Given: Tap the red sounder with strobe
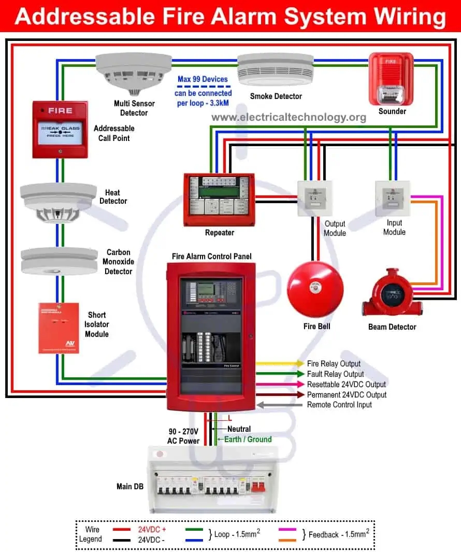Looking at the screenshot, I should coord(391,79).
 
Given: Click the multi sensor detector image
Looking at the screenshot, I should coord(133,73).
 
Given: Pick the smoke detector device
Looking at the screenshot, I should coord(275,70).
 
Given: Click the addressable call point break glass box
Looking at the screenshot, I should coord(60,129).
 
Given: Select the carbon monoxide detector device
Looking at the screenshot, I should coord(59,260).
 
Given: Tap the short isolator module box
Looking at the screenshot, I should coord(59,328).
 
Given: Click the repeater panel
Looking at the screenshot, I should coord(219,199).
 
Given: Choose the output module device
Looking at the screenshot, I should coord(314,198).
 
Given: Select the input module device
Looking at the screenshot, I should coord(392,198).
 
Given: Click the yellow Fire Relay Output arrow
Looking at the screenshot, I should coord(280,364).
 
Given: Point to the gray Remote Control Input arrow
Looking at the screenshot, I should coord(280,405).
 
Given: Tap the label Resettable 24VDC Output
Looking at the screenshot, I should coord(346,385).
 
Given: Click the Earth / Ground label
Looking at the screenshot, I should coord(248,439).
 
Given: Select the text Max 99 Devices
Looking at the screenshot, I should coord(203,79).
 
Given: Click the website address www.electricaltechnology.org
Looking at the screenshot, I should coord(289,117).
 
